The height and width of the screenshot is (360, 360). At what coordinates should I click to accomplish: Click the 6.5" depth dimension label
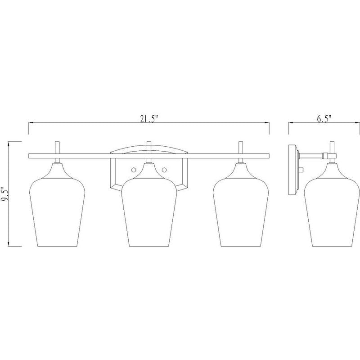pyautogui.click(x=324, y=119)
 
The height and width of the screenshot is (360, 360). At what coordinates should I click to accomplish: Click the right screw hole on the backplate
pyautogui.click(x=164, y=170)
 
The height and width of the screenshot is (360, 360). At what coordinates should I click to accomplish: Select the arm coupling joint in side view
pyautogui.click(x=324, y=156)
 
